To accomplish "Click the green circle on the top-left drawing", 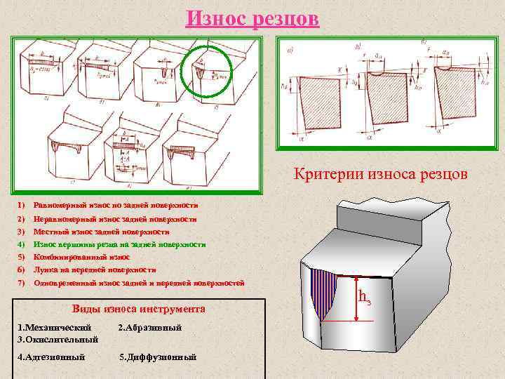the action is (x=206, y=69).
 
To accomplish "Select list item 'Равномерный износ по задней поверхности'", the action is (x=116, y=205).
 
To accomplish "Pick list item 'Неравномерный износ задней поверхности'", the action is (x=116, y=219).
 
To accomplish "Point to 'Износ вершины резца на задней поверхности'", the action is (x=119, y=244).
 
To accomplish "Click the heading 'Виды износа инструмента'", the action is (x=139, y=309).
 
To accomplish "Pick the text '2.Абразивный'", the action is (x=150, y=328).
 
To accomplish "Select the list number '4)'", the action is (x=21, y=244).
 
